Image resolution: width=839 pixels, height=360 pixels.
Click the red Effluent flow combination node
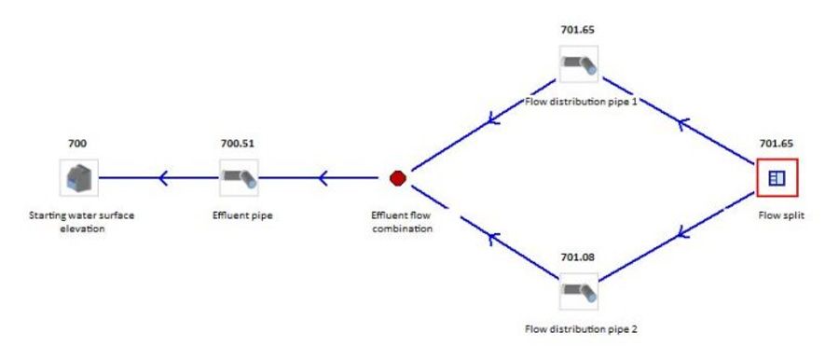point(398,177)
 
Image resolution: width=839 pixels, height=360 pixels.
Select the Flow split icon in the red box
point(777,177)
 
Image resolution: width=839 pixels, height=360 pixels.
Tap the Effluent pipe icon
point(239,177)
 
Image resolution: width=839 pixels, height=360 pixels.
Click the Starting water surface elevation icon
point(78,177)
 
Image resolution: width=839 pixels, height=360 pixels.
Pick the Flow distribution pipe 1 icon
point(578,66)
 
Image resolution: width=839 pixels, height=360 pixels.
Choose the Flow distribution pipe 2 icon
point(578,292)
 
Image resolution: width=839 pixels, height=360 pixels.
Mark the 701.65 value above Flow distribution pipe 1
point(577,30)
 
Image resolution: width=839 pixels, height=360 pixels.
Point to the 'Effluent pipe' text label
point(239,214)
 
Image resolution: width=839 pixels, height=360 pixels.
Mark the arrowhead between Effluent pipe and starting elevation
point(163,177)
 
